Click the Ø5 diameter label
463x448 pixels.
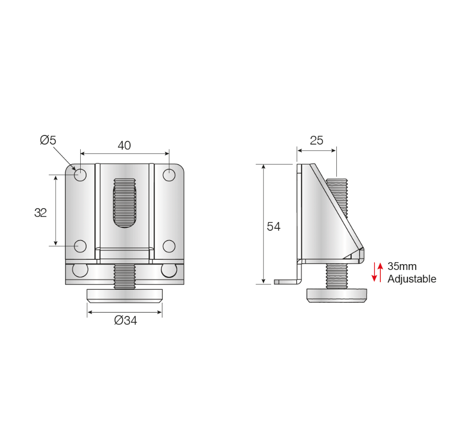tap(48, 140)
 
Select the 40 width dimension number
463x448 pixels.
tap(124, 145)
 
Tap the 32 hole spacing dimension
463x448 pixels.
tap(41, 212)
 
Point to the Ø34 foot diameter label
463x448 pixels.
tap(126, 320)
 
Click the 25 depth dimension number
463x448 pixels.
tap(317, 141)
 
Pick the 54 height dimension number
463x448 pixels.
tap(274, 226)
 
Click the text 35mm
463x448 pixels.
tap(402, 267)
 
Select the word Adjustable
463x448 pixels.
tap(412, 279)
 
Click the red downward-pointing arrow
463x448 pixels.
tap(374, 272)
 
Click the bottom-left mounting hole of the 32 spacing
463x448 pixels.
tap(80, 246)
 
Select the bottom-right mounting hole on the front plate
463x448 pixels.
tap(169, 246)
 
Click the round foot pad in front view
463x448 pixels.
tap(124, 295)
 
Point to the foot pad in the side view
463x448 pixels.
tap(336, 295)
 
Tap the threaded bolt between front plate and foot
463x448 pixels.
tap(124, 276)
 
